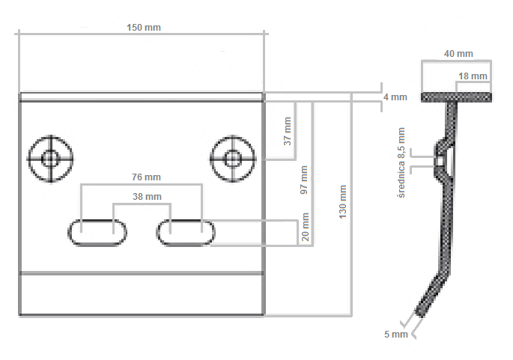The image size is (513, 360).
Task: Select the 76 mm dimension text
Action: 142,177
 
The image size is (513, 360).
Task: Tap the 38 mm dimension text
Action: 142,197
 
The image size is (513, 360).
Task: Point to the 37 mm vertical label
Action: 288,131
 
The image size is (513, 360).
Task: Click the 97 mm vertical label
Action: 304,180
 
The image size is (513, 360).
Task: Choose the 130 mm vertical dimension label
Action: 343,201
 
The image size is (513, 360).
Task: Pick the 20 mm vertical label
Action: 304,225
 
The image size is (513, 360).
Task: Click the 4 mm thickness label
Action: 395,97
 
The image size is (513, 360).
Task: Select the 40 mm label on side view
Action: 458,54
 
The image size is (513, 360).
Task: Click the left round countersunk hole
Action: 50,158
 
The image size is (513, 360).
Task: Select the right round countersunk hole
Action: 233,158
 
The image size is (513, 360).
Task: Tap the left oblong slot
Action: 98,232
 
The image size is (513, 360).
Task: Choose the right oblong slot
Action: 186,232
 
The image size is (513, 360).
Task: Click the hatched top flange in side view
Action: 456,97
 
